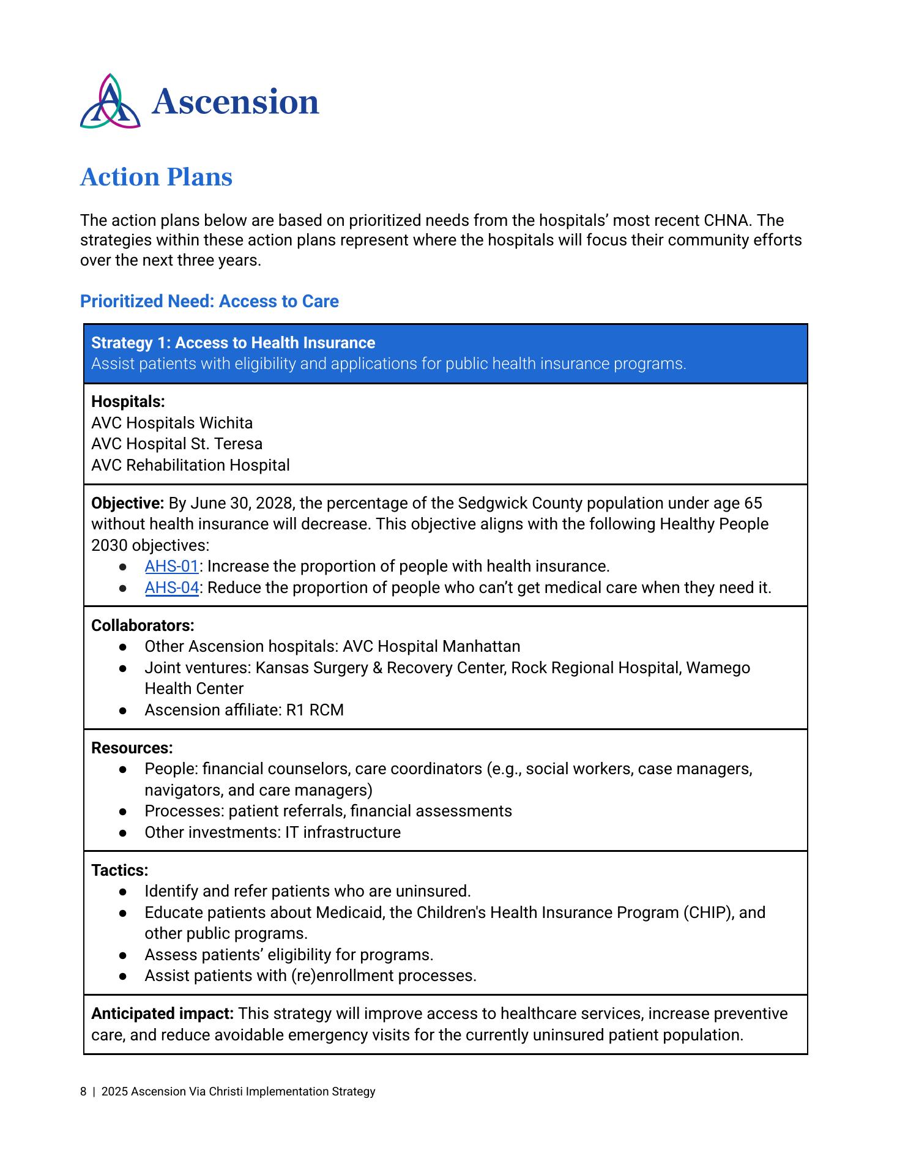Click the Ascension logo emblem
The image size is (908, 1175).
point(110,102)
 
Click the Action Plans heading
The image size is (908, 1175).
point(156,177)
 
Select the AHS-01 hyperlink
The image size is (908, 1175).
point(171,566)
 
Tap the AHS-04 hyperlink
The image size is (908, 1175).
point(171,587)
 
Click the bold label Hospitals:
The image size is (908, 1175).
point(128,401)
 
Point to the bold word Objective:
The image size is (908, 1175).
point(127,503)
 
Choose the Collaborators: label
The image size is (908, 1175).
point(143,625)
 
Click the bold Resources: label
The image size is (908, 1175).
point(132,748)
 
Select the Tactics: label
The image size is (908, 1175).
point(119,870)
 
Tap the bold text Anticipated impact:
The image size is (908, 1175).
point(162,1013)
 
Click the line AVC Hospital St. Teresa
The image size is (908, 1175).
point(176,444)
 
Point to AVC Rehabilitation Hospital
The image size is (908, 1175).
point(190,465)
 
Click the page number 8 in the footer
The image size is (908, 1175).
point(83,1091)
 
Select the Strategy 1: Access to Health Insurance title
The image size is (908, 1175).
point(233,343)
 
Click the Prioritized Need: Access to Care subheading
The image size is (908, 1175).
point(209,301)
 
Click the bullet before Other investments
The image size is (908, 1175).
point(123,833)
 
